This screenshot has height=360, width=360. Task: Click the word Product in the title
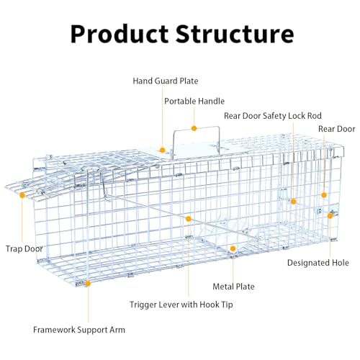coord(120,34)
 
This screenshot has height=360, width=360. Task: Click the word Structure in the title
coord(235,34)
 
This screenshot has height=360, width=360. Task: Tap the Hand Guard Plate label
coord(166,81)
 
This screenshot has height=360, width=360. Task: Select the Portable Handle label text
coord(194,102)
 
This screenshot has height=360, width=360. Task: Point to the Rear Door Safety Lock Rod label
coord(273,116)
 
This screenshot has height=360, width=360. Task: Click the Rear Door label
coord(337,129)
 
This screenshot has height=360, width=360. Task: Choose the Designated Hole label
coord(318,263)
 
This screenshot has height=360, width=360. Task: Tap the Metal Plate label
coord(233,287)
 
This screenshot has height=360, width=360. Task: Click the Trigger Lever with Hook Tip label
coord(181,305)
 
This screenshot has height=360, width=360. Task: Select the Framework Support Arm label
coord(79,330)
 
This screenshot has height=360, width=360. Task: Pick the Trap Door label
coord(24,248)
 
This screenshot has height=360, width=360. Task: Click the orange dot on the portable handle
coord(194,128)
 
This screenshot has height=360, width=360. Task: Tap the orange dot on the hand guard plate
coord(163,150)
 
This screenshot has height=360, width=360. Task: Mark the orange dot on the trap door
coord(22,195)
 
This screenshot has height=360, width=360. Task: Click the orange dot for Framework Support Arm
coord(88,284)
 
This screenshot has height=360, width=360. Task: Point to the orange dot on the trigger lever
coord(189,219)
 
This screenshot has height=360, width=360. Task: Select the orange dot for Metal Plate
coord(233,248)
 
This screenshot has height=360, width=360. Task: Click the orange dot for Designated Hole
coord(330,216)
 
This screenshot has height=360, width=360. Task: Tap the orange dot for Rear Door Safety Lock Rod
coord(293,202)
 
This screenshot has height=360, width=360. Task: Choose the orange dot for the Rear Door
coord(324,195)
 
